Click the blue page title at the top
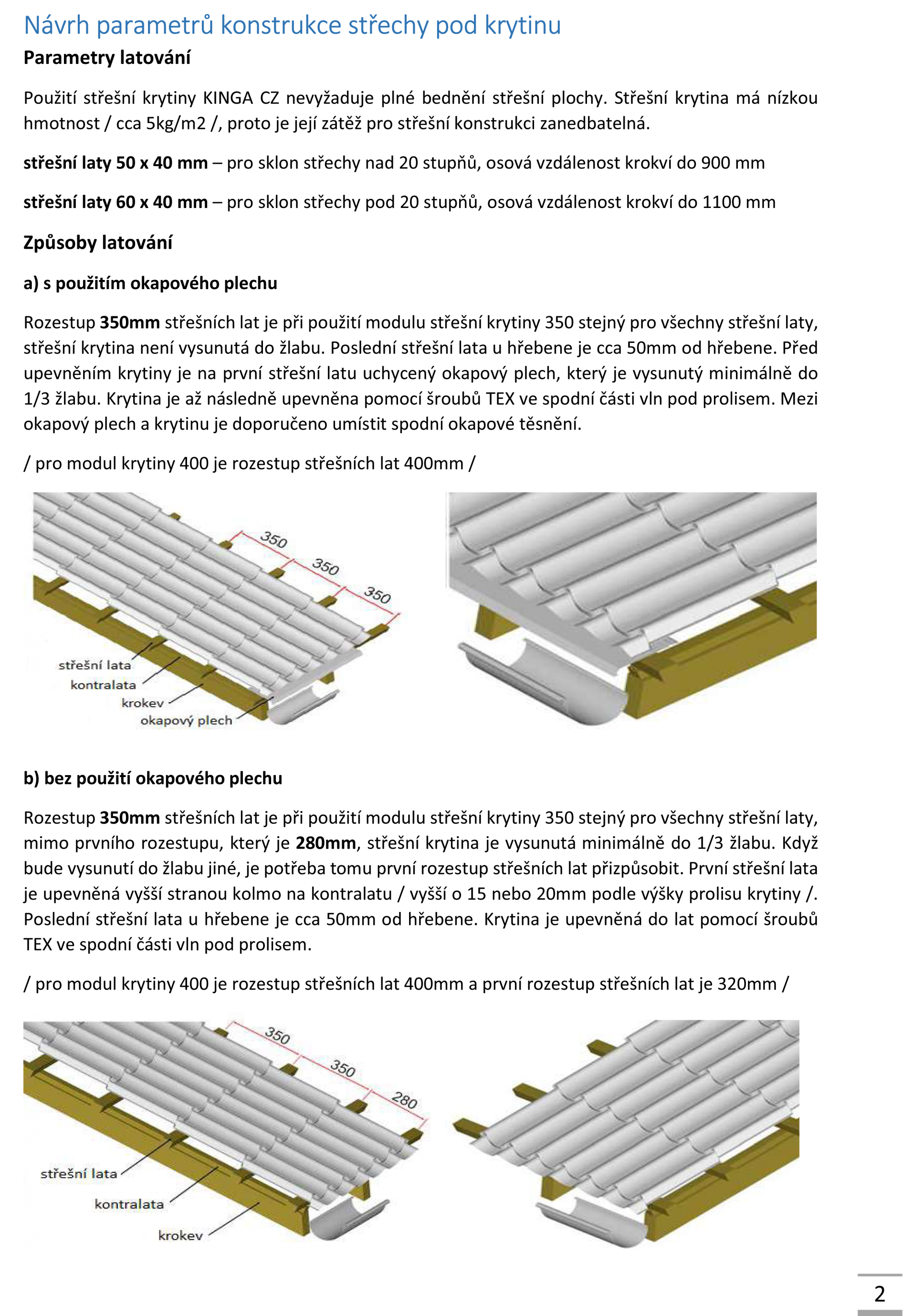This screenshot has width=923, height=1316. pos(292,26)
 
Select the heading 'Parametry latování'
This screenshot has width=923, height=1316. pos(107,58)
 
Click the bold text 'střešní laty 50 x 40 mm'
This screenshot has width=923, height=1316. pos(115,163)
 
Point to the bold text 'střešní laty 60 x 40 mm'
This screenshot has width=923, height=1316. pos(115,202)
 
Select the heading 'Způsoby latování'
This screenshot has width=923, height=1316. pos(98,243)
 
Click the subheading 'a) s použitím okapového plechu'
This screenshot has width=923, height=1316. pos(150,283)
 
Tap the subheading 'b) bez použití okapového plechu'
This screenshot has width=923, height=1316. pos(152,779)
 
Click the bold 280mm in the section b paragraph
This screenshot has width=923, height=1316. pos(326,842)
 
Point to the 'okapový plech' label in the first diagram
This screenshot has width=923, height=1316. pos(187,720)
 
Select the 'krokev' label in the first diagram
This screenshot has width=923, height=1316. pos(142,703)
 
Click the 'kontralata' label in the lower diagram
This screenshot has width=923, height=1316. pos(129,1204)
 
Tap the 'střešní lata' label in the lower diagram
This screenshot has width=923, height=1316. pos(78,1174)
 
